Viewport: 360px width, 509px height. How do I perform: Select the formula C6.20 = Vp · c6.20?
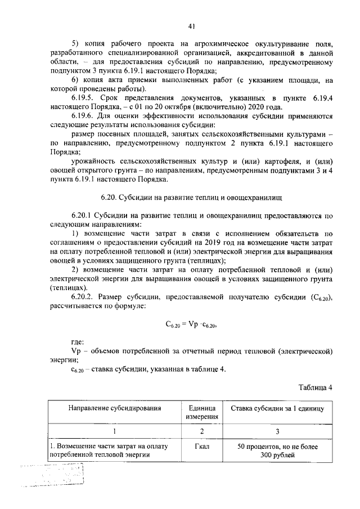(191, 324)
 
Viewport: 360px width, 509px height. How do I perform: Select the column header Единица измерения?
(197, 412)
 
